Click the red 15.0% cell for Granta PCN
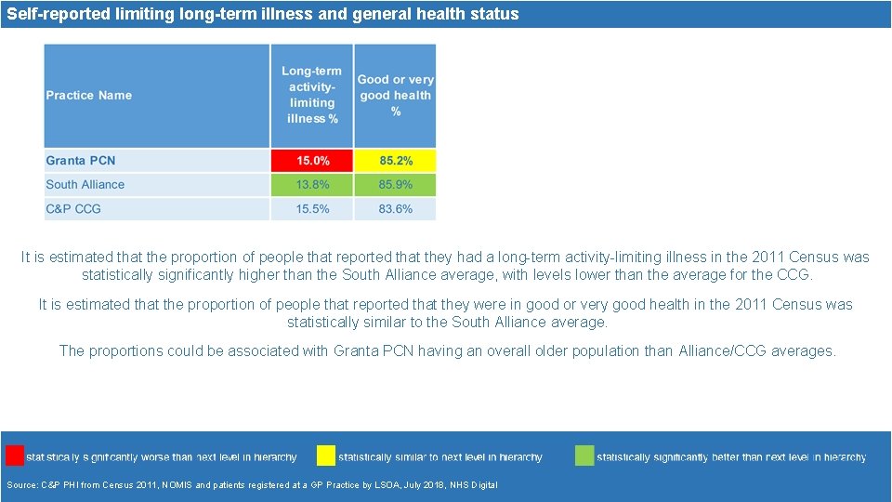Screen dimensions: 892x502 pos(312,161)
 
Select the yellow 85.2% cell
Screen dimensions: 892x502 pos(395,161)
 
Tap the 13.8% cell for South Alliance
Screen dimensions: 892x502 pos(312,184)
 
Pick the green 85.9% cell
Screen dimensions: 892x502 pos(395,184)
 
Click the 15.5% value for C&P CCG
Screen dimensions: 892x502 pos(312,209)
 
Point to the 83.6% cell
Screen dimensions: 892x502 pos(395,209)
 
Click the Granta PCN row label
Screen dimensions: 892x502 pos(81,161)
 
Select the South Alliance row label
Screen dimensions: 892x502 pos(85,184)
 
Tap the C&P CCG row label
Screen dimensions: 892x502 pos(73,209)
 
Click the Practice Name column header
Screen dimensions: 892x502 pos(89,95)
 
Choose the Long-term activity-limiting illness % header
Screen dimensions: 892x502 pos(312,95)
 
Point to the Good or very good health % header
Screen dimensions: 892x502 pos(395,95)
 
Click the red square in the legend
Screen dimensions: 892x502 pos(15,456)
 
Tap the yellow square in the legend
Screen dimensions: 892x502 pos(326,456)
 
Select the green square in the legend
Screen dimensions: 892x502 pos(584,456)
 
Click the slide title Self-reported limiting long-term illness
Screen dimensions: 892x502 pos(263,14)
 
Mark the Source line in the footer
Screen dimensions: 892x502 pos(252,485)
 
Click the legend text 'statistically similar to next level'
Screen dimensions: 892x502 pos(440,457)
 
